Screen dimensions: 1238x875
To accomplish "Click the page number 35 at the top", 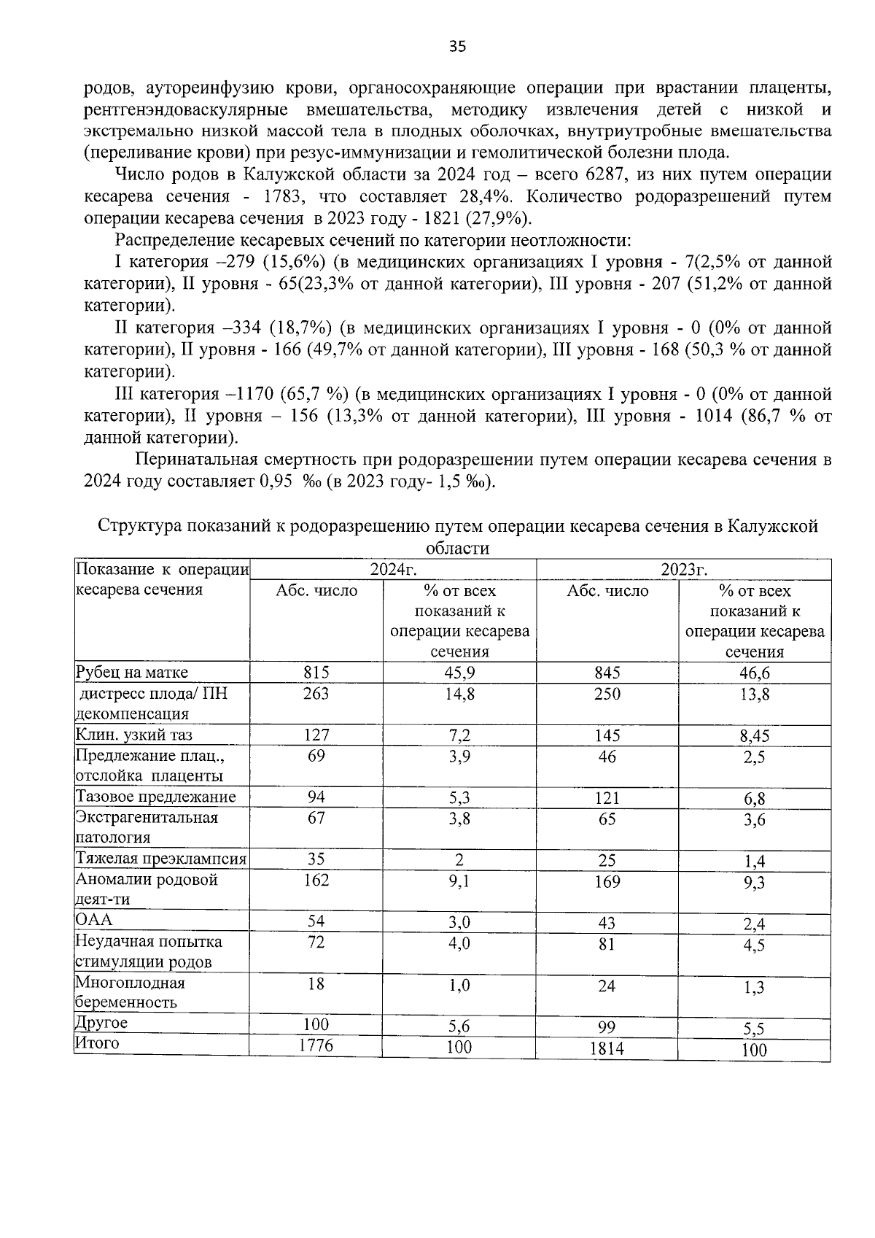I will click(456, 47).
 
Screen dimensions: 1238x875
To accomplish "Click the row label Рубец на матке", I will click(132, 673).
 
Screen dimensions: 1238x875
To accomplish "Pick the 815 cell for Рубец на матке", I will click(316, 673).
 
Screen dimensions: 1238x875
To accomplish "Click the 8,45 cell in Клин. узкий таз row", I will click(754, 737).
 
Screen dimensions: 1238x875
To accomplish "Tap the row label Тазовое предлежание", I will click(156, 797).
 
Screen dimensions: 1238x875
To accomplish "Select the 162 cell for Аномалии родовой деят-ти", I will click(316, 881).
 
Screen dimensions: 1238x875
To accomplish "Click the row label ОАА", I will click(94, 921).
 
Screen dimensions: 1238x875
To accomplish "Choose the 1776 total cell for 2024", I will click(316, 1046).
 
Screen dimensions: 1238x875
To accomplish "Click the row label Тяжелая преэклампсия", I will click(161, 859).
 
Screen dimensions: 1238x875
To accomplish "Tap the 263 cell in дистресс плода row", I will click(316, 694).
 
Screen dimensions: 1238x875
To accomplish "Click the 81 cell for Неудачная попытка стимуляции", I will click(607, 944).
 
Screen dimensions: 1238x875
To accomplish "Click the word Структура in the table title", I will click(140, 526).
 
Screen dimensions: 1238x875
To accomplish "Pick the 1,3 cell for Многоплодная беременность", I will click(754, 988).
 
